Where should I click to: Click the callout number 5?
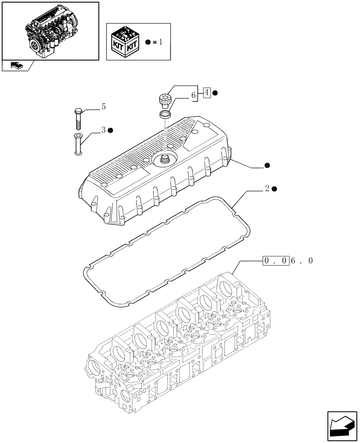(x=103, y=106)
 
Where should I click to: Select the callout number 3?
(x=103, y=130)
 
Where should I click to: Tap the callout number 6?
(x=193, y=95)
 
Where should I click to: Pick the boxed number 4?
(x=206, y=93)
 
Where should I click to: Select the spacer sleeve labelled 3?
(x=78, y=144)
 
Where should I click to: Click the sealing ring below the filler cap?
(x=165, y=115)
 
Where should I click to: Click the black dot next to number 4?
(x=215, y=93)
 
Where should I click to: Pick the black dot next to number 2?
(x=275, y=189)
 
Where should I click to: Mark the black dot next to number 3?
(x=110, y=130)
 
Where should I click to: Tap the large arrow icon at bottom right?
(x=342, y=425)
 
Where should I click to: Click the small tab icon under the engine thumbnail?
(x=16, y=66)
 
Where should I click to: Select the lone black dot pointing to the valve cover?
(x=266, y=166)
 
